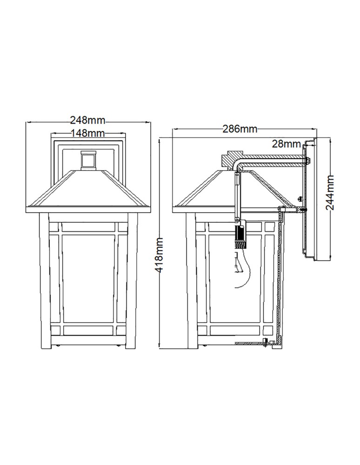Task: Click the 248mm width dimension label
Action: coord(87,120)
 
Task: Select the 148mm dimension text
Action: coord(87,133)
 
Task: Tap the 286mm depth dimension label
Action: coord(239,129)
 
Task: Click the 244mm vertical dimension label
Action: coord(330,193)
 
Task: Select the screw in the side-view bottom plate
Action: coord(266,343)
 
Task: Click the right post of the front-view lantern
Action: coord(131,279)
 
